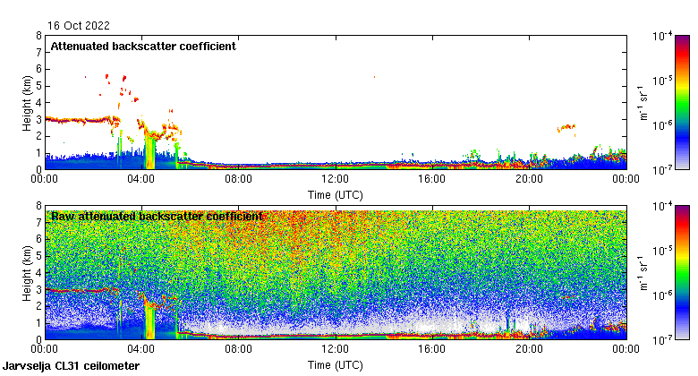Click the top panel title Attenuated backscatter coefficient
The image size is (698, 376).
pos(143,46)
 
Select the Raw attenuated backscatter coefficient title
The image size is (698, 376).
pos(157,216)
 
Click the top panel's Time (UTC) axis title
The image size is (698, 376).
pos(335,194)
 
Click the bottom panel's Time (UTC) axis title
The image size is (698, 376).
pos(335,365)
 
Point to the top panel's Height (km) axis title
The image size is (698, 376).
pos(28,102)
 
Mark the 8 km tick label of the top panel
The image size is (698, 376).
pos(38,36)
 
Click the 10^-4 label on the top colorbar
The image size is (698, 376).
pos(663,37)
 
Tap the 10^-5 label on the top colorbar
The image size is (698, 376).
pos(663,81)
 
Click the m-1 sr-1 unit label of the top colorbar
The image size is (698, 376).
pos(643,102)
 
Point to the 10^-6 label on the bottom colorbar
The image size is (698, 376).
pos(663,295)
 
